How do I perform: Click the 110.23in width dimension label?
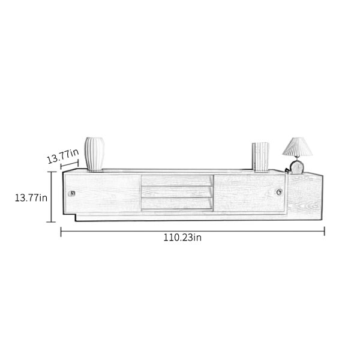tap(182, 238)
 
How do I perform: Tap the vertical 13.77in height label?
tap(31, 197)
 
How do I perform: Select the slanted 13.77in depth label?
tap(63, 156)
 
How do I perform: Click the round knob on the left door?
tap(71, 194)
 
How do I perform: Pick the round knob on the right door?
tap(279, 192)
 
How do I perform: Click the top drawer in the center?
tap(177, 181)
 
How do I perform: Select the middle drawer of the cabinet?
tap(177, 192)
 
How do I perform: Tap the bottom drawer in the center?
tap(177, 203)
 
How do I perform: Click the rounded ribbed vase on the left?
tap(94, 154)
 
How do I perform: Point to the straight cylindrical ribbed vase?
tap(260, 157)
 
